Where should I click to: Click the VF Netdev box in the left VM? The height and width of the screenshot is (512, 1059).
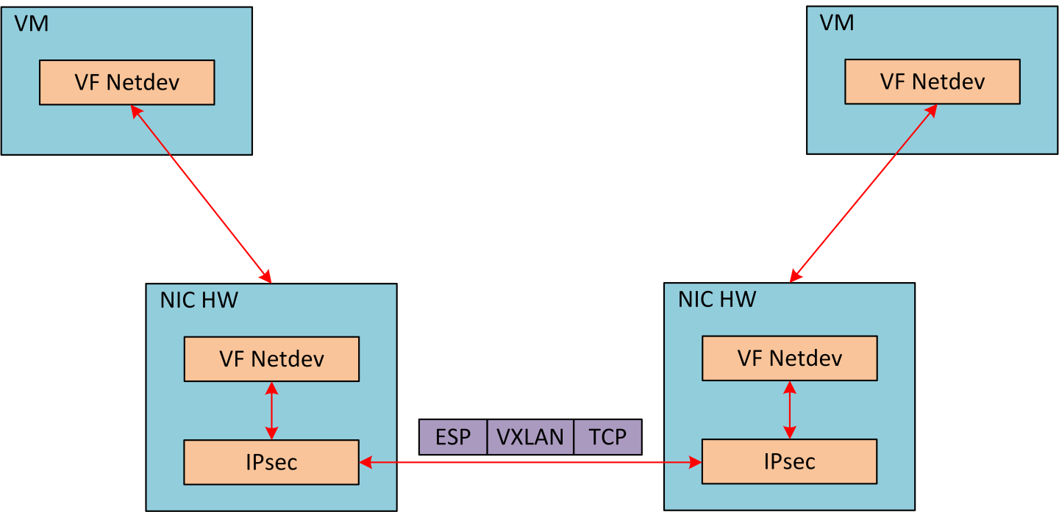(x=126, y=82)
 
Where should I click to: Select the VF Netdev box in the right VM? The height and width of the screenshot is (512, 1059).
(x=932, y=81)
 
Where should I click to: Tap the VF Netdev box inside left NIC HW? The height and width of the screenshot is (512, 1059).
(x=271, y=358)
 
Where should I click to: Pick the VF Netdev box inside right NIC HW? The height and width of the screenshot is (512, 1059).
(x=789, y=358)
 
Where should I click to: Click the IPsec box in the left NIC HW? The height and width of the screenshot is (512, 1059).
(x=271, y=462)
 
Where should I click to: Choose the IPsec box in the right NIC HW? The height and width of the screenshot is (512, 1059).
(x=789, y=461)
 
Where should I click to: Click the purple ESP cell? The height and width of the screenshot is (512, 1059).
(x=453, y=437)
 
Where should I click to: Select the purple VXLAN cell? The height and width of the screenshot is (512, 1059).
(x=530, y=437)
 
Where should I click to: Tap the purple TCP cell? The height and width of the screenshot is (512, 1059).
(x=607, y=437)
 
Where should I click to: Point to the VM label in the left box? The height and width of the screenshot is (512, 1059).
(x=32, y=23)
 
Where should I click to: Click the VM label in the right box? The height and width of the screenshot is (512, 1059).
(x=837, y=23)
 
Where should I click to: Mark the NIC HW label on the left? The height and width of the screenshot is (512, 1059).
(x=199, y=300)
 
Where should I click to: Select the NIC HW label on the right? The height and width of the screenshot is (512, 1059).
(x=716, y=299)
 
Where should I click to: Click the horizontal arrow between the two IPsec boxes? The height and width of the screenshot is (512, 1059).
(x=529, y=462)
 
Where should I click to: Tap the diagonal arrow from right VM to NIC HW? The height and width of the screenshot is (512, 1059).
(x=863, y=193)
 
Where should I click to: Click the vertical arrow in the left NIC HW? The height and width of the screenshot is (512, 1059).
(x=272, y=411)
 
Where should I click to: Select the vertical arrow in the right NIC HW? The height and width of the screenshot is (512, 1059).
(x=790, y=410)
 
